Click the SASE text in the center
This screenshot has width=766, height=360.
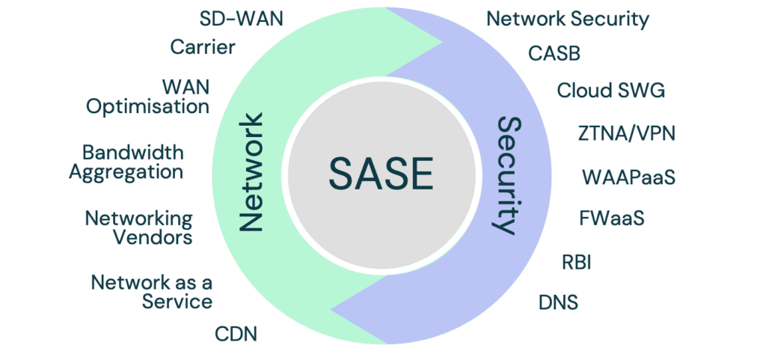coord(382,174)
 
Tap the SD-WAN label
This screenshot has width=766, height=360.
coord(242,19)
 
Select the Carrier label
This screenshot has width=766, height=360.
coord(203,49)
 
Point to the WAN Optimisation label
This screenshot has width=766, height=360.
coord(148,97)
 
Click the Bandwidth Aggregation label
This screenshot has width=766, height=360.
coord(126,162)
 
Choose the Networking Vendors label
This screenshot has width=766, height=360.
coord(138,228)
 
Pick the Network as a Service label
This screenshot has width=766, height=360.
coord(152,293)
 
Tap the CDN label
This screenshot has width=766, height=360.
coord(236,334)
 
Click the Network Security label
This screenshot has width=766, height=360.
coord(568,19)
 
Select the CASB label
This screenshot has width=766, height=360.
coord(554,54)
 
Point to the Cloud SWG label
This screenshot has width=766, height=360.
coord(610,91)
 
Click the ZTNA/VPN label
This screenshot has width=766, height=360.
coord(627,134)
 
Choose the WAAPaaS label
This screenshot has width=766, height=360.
coord(628,177)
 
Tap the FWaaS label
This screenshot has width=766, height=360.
coord(612,219)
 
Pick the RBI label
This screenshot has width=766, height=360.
coord(577,263)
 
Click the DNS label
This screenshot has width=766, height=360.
coord(559,303)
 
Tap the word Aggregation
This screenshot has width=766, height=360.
coord(126,172)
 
